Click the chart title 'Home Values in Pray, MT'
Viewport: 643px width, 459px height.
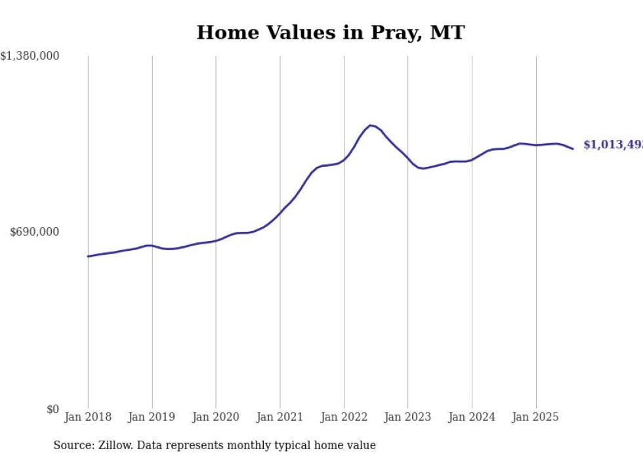tap(330, 32)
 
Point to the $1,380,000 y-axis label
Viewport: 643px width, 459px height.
tap(30, 56)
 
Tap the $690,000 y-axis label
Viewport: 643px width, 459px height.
tap(35, 232)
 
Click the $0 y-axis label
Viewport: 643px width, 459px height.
tap(52, 410)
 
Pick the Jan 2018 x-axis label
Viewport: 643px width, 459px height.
tap(88, 417)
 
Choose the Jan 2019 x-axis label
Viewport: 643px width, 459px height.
tap(152, 417)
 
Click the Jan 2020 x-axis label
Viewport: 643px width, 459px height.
tap(216, 417)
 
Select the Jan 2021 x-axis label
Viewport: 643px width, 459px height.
tap(280, 417)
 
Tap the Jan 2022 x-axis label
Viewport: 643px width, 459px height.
tap(344, 417)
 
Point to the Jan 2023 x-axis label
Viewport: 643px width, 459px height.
tap(407, 417)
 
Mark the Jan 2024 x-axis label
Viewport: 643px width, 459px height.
tap(472, 417)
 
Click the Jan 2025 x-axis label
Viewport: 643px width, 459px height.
tap(535, 417)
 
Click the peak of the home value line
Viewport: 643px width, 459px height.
tap(371, 125)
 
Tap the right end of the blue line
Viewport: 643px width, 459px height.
tap(573, 149)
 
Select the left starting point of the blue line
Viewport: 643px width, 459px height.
tap(88, 256)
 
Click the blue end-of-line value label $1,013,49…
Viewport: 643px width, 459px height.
tap(613, 145)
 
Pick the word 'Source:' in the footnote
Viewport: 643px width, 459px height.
tap(73, 445)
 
